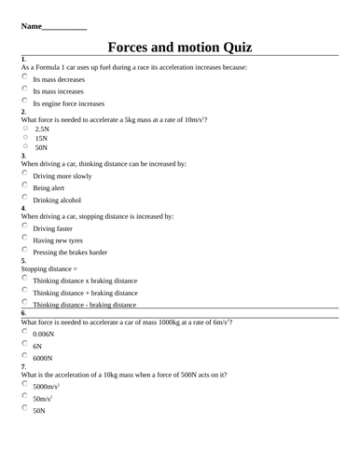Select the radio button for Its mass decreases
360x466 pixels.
[25, 78]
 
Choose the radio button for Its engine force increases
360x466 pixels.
[25, 102]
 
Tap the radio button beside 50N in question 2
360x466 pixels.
[25, 145]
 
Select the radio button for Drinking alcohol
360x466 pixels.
[25, 198]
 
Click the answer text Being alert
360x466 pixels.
[48, 187]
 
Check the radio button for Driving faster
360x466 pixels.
[25, 226]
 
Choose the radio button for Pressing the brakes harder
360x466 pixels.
[25, 250]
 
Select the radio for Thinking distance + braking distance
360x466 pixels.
[25, 291]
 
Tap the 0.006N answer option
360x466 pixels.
[43, 334]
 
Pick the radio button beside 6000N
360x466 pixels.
[25, 355]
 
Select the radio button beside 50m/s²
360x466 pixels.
[25, 396]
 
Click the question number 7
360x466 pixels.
[23, 366]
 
